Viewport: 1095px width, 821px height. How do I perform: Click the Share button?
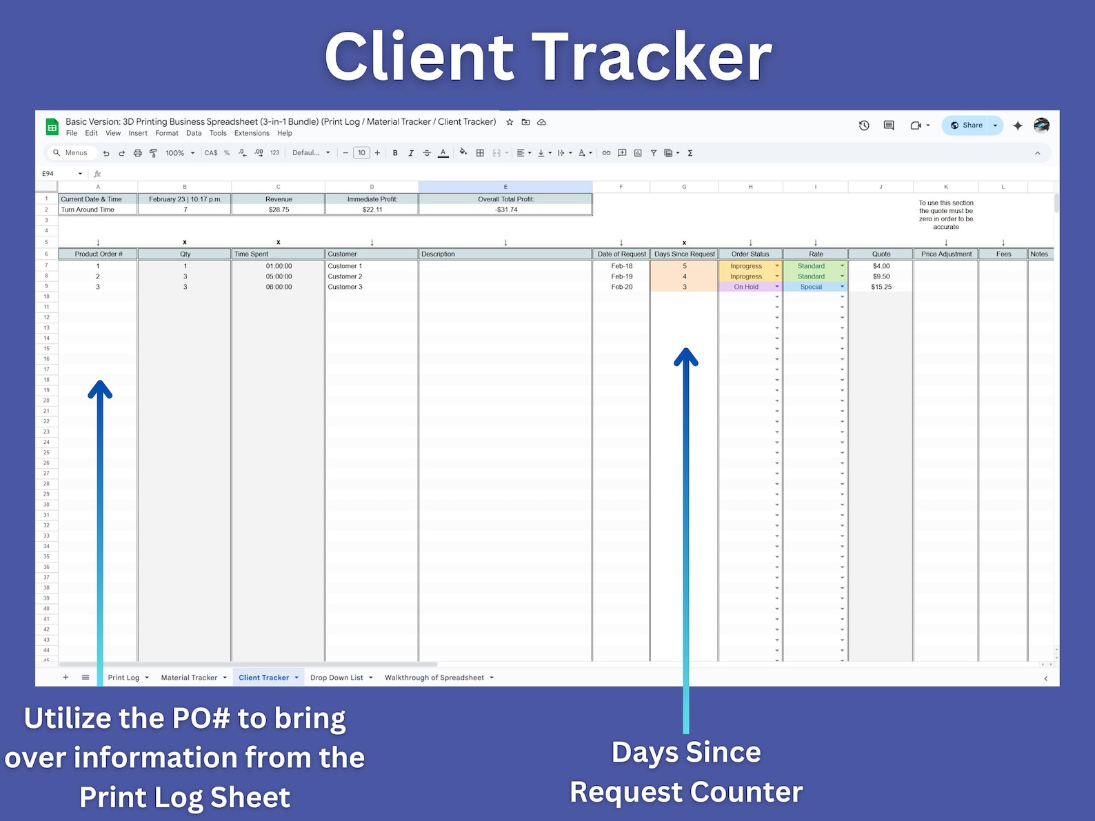(x=967, y=125)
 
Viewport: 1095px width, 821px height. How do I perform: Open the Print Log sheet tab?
(x=123, y=678)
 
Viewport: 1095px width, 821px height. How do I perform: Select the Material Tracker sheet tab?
(x=189, y=678)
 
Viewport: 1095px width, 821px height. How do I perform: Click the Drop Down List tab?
(x=336, y=678)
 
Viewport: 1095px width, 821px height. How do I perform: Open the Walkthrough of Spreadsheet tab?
(x=434, y=678)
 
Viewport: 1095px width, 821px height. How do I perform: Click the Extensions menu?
(x=252, y=134)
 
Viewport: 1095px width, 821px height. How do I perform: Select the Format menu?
(x=166, y=134)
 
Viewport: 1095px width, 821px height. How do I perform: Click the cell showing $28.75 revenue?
(x=279, y=210)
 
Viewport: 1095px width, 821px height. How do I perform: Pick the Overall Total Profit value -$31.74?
(x=505, y=210)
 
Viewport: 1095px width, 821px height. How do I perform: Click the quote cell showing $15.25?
(x=881, y=287)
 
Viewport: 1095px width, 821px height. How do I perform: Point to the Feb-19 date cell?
(x=621, y=276)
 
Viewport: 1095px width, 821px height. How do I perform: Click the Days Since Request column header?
(x=684, y=254)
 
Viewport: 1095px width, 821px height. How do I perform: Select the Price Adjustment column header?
(x=946, y=254)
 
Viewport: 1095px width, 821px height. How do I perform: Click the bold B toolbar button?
(x=395, y=153)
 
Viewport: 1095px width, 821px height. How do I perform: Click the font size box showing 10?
(x=361, y=153)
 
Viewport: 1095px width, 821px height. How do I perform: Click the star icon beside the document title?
(x=510, y=122)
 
